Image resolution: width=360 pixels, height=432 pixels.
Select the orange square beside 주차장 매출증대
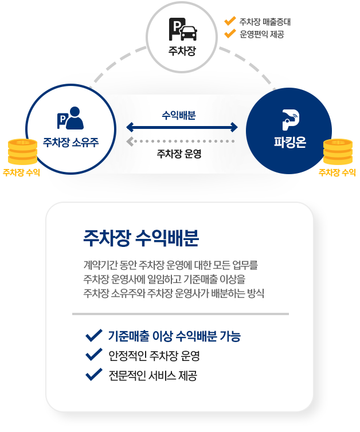230,22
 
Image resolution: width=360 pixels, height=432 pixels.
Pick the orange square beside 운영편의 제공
230,35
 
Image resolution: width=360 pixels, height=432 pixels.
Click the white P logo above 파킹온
289,119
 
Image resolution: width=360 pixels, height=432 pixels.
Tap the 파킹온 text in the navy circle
289,143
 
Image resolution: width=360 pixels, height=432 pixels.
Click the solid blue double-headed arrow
182,127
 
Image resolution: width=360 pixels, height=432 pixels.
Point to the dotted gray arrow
181,141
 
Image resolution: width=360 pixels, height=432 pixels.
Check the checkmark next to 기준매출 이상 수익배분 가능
93,335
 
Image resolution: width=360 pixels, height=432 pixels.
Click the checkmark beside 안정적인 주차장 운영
93,355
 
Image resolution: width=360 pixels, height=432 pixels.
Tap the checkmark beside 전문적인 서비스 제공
93,375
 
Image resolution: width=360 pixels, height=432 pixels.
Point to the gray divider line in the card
180,314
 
